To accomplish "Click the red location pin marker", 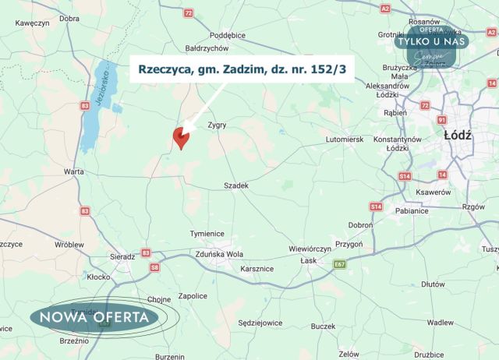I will [x=181, y=136].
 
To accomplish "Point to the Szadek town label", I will [x=235, y=185].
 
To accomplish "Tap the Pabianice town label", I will [x=412, y=210].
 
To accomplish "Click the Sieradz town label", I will [x=122, y=255].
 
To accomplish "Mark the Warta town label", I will [x=75, y=170].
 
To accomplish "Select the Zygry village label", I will [x=217, y=125].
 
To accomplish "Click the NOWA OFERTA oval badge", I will [x=94, y=316].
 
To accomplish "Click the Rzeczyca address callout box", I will [x=241, y=69].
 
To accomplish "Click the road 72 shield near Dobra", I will [x=188, y=13].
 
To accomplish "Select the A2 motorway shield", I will [x=384, y=8].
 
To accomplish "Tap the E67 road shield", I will [x=339, y=264].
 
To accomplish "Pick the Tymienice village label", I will [x=207, y=234].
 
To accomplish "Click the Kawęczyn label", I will [x=32, y=23].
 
